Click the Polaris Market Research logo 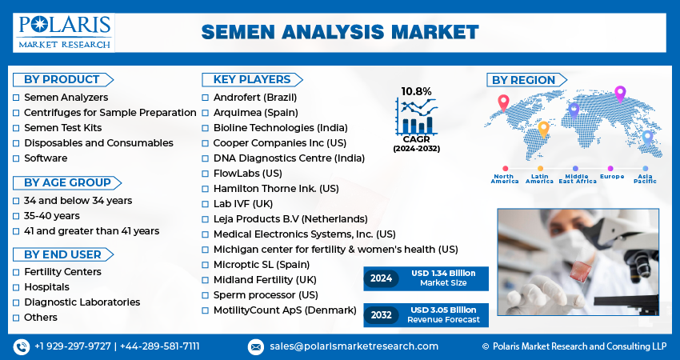(x=64, y=33)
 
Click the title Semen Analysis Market (x=340, y=32)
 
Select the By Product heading (x=62, y=80)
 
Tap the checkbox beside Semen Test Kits (x=16, y=128)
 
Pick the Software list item (x=46, y=158)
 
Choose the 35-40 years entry (x=52, y=216)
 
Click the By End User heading (x=62, y=254)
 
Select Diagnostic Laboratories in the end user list (x=82, y=302)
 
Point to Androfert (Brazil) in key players (x=255, y=98)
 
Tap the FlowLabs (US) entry (x=248, y=174)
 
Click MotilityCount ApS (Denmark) (x=285, y=310)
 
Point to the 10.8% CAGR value (x=416, y=91)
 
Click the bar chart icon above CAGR (x=416, y=116)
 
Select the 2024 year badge (x=381, y=278)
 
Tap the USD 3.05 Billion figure (x=443, y=310)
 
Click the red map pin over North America (x=503, y=102)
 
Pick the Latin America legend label (x=539, y=178)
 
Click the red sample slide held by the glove (x=580, y=272)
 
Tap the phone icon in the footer (x=22, y=347)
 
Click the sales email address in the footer (x=354, y=346)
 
